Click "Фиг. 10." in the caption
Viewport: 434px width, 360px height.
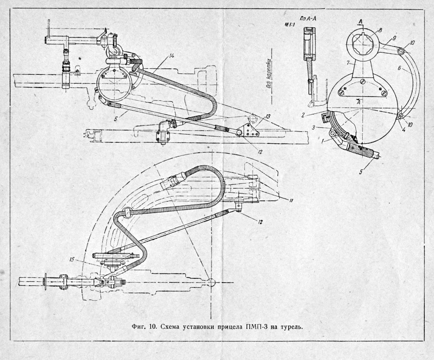point(141,327)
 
